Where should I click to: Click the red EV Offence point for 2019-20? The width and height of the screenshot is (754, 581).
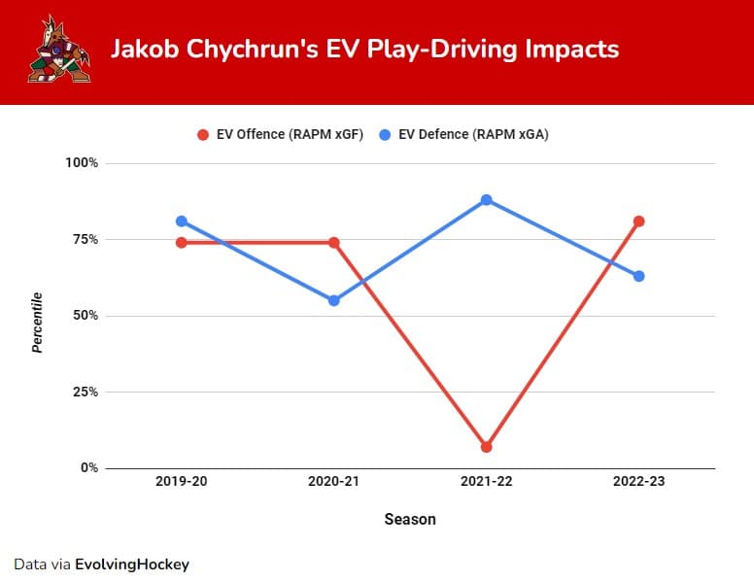point(182,242)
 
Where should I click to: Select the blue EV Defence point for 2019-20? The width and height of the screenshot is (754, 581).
point(182,222)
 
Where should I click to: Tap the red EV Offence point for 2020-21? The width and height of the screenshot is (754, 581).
point(333,242)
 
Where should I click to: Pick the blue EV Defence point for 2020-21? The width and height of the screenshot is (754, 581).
point(333,300)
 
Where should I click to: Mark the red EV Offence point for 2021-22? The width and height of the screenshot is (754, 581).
point(486,447)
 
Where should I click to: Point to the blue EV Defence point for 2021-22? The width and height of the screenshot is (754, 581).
point(486,200)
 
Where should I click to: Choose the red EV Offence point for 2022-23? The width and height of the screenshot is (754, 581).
point(638,222)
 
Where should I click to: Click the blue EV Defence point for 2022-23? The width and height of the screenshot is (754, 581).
point(638,276)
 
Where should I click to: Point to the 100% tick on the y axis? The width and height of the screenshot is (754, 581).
point(81,162)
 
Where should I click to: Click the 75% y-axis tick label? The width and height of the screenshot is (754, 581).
point(85,239)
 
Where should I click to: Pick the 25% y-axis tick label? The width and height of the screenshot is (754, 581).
point(85,392)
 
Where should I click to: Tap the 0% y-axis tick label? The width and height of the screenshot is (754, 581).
point(88,468)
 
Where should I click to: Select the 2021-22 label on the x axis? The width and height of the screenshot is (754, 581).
point(486,483)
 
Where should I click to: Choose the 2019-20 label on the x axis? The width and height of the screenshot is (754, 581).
point(182,483)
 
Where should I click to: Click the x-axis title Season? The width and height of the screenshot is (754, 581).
point(409,519)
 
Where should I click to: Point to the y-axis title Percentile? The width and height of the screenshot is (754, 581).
point(37,322)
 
